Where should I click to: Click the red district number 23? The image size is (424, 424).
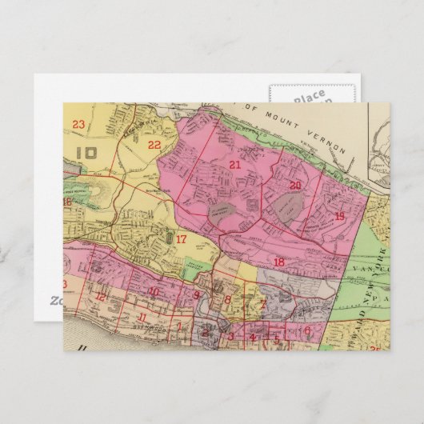tap(78, 124)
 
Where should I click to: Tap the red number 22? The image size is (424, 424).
tap(154, 145)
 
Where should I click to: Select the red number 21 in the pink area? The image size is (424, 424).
tap(234, 165)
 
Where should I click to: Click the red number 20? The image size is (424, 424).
tap(295, 186)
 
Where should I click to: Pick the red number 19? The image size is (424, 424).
tap(339, 216)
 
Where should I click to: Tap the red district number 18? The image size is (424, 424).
tap(278, 262)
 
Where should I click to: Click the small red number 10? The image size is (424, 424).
tap(153, 291)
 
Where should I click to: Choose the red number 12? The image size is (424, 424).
tap(100, 297)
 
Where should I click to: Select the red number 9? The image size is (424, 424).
tap(197, 295)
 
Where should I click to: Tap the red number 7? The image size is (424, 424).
tap(262, 303)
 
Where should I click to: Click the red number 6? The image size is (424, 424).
tap(306, 330)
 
